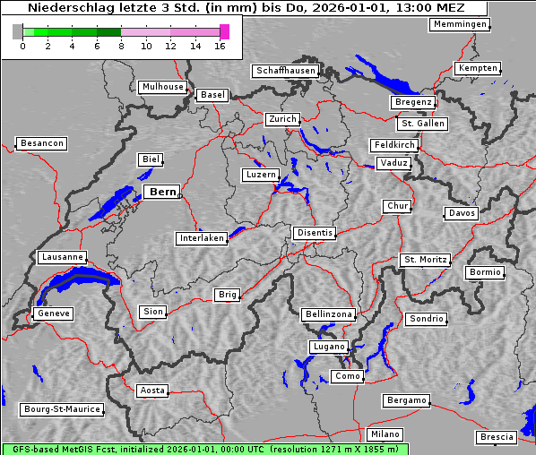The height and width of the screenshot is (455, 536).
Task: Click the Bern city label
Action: coord(162,192)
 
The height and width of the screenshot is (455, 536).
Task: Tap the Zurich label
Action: coord(282,119)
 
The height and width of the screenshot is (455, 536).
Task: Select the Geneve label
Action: coord(53,313)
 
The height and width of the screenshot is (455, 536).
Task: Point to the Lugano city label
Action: coord(328,347)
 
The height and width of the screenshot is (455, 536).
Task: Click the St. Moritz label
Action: coord(425,260)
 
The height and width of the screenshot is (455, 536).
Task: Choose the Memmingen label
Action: coord(460,24)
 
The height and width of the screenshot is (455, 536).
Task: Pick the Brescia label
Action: coord(497,437)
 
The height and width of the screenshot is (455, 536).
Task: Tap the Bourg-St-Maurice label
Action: coord(62,409)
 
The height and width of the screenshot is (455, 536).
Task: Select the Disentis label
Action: coord(315,233)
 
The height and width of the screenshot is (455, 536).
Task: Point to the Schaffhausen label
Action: coord(285,71)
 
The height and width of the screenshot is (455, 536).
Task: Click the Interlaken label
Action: coord(202,238)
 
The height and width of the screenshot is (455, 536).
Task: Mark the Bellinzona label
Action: coord(329,314)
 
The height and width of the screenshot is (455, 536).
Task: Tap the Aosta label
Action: coord(152,391)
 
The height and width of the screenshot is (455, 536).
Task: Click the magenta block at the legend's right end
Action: coord(224,31)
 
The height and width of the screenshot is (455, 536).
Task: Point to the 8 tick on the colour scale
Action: coord(121,45)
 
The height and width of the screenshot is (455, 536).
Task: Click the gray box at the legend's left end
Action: coord(18,31)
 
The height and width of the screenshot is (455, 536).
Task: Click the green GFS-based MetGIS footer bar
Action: coord(204,449)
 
